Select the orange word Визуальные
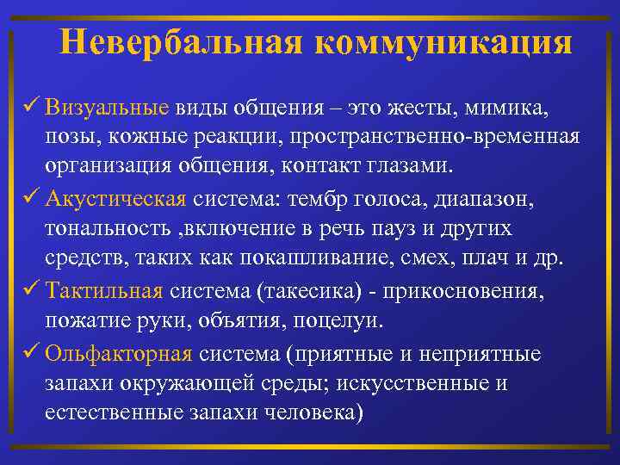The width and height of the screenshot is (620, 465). click(x=107, y=110)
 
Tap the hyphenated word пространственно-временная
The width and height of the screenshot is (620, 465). click(x=435, y=139)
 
